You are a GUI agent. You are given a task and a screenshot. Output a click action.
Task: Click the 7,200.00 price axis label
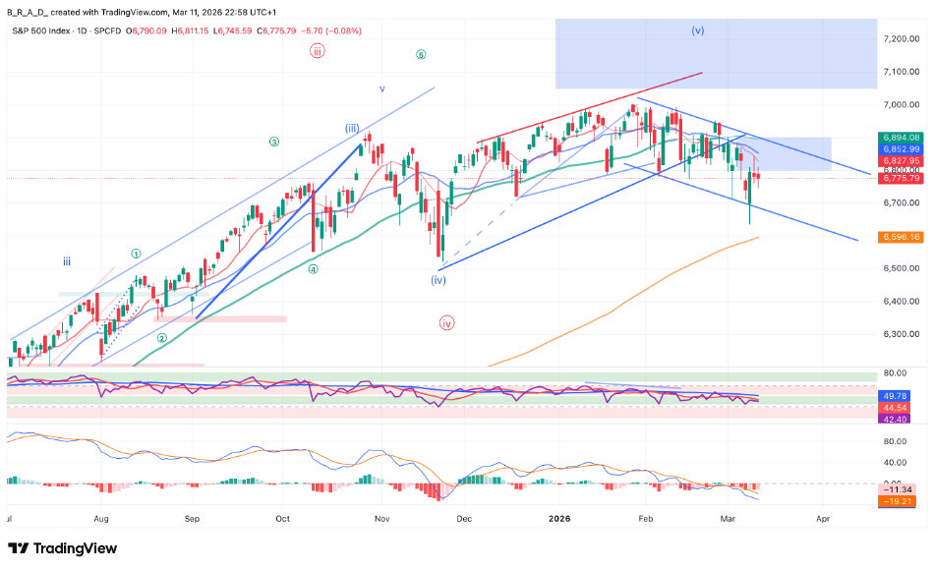(x=901, y=38)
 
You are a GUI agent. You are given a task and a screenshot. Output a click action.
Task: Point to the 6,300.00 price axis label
(x=901, y=333)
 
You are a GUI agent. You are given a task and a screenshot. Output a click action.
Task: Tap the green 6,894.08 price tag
(x=901, y=138)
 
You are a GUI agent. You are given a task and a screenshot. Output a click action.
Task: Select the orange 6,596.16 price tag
(x=901, y=237)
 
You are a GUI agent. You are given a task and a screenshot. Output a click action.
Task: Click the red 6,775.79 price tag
(x=901, y=178)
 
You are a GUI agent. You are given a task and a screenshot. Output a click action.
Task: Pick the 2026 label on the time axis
(x=559, y=517)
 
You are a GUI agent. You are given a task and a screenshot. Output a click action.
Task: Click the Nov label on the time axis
(x=383, y=517)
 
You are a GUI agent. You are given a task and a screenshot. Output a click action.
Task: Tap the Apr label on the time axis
(x=823, y=517)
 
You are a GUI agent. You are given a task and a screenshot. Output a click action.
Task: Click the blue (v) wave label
(x=697, y=30)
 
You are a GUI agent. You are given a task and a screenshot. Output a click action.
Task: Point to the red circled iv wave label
(x=447, y=322)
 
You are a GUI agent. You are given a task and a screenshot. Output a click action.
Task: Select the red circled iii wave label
(x=317, y=52)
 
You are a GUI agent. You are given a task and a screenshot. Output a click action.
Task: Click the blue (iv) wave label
(x=438, y=280)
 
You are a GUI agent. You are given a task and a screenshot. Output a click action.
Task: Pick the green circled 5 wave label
(x=420, y=55)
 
